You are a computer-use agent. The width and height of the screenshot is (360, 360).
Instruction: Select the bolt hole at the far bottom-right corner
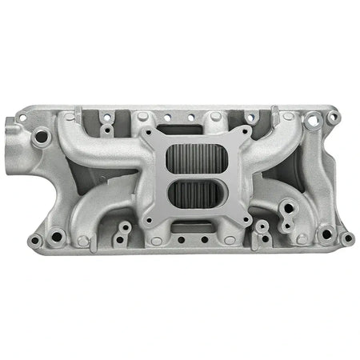346,238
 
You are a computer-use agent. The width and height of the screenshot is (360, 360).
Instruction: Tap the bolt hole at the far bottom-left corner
34,239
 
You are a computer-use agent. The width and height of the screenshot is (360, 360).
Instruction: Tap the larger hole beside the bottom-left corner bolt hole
56,237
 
